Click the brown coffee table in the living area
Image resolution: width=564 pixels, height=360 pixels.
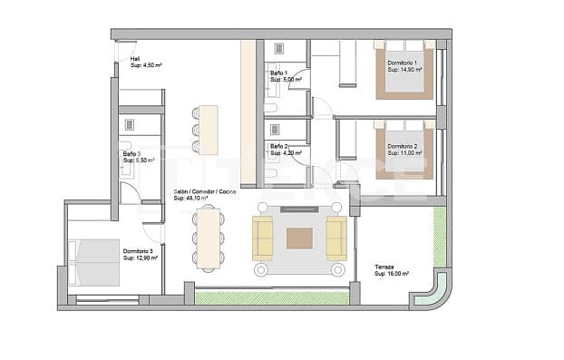pyautogui.click(x=299, y=238)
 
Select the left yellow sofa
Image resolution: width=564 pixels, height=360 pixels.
pyautogui.click(x=263, y=238)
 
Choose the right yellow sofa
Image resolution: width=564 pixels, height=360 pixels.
pyautogui.click(x=335, y=238)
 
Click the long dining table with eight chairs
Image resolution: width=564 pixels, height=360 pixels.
pyautogui.click(x=208, y=238)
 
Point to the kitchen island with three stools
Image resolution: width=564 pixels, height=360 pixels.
pyautogui.click(x=209, y=130)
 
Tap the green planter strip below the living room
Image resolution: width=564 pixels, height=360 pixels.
pyautogui.click(x=272, y=297)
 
